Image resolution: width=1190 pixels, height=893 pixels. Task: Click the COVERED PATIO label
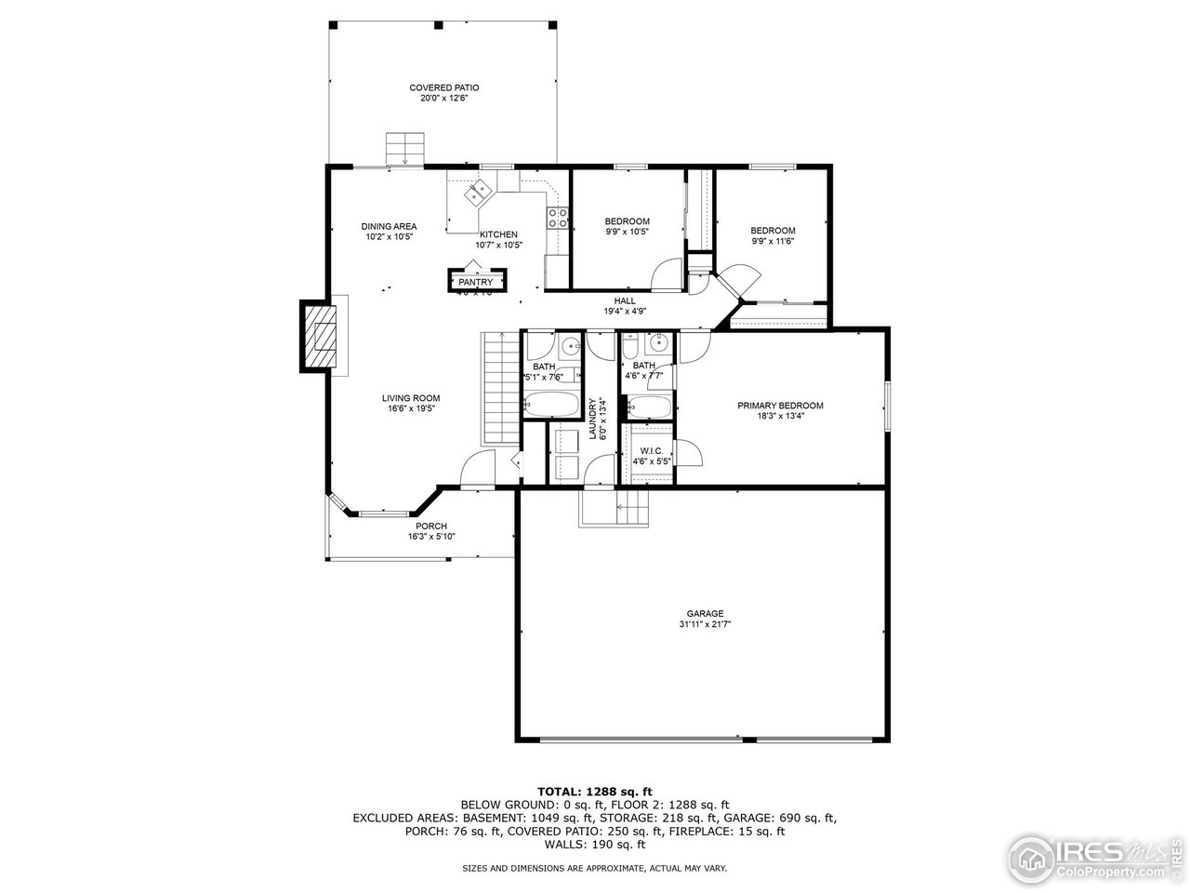[x=443, y=87]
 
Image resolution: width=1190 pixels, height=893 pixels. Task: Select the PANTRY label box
[x=475, y=282]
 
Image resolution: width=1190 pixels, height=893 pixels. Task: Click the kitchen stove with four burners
[x=558, y=218]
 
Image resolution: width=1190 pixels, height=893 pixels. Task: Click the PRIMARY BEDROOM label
[x=780, y=406]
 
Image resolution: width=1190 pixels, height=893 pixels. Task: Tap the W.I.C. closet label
[x=651, y=450]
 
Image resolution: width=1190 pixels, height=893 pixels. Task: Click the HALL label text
[x=624, y=300]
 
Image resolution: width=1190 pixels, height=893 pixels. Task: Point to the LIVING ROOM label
[x=410, y=398]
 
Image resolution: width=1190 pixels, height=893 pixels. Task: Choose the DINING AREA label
[x=389, y=226]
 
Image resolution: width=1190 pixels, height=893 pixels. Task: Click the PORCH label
[x=431, y=526]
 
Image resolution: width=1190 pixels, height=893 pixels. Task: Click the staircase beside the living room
[x=499, y=389]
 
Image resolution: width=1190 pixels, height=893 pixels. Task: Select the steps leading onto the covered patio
[x=405, y=148]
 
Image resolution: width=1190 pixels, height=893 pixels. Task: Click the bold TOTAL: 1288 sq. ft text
[x=594, y=791]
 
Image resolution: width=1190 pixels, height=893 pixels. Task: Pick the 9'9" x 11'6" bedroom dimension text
[x=773, y=241]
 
